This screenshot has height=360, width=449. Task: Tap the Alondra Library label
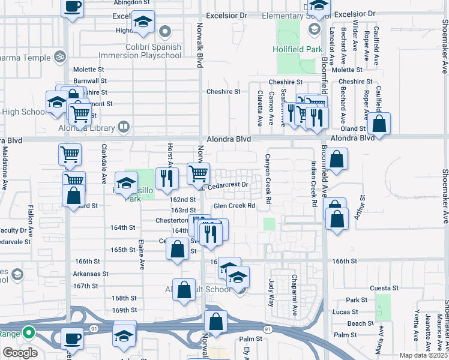[85, 127]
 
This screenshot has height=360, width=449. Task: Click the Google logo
[20, 353]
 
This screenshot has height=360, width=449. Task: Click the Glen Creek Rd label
[235, 206]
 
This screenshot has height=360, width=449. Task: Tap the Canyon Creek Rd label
[268, 178]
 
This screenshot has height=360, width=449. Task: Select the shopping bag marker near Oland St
[379, 124]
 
